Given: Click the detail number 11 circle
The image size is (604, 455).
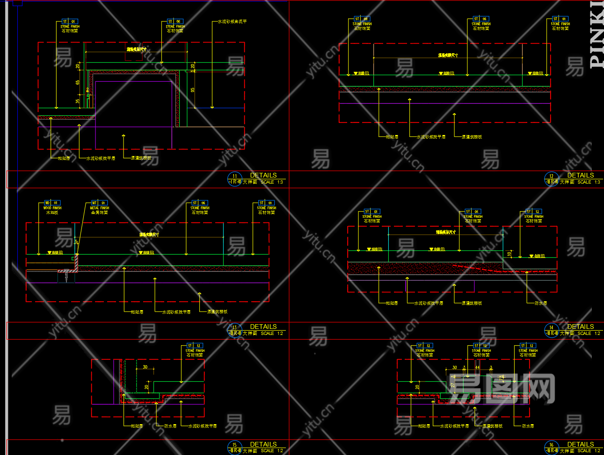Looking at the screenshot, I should (234, 179).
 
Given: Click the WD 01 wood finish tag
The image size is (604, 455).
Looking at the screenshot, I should (51, 203).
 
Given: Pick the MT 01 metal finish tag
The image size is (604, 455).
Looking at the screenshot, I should (98, 203).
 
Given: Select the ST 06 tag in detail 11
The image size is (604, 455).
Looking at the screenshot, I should (175, 21).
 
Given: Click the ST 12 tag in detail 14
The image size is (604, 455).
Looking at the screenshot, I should (533, 212).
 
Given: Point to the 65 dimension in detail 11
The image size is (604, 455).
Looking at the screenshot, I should (78, 83).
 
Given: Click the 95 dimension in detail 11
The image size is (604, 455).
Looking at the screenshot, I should (192, 90).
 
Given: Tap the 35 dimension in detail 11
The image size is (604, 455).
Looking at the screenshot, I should (78, 101).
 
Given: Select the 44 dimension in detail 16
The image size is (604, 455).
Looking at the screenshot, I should (477, 368).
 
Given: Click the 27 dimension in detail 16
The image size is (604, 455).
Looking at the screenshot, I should (452, 385).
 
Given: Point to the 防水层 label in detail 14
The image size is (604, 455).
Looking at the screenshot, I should (541, 303).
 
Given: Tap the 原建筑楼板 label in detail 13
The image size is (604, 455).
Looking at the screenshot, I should (217, 312).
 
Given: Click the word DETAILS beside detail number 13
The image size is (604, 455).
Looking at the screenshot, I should (263, 327).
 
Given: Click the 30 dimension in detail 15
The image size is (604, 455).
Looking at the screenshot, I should (145, 367).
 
